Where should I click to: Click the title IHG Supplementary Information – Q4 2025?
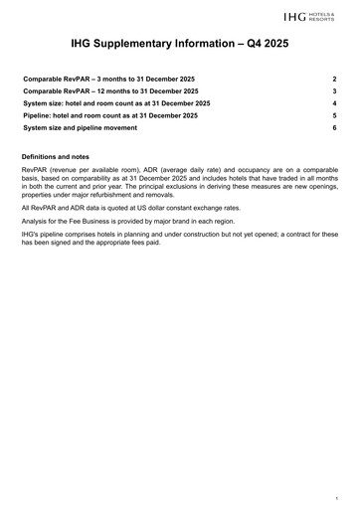point(179,46)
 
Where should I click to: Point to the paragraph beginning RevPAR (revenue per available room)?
point(179,187)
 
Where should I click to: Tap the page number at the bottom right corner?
point(337,496)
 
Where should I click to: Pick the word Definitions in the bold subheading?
point(44,158)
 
